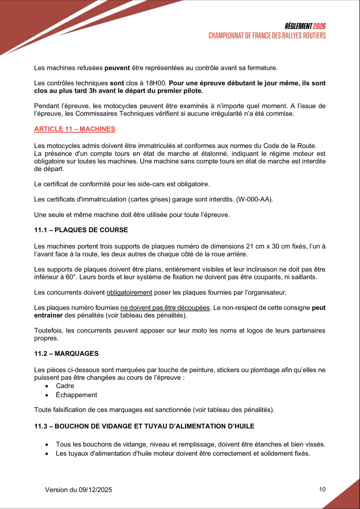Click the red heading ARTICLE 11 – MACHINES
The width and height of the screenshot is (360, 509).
[x=74, y=129]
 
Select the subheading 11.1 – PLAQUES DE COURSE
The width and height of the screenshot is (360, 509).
[x=81, y=230]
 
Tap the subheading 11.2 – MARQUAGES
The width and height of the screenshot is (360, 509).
[x=66, y=354]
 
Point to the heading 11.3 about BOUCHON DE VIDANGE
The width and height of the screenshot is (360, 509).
[x=144, y=426]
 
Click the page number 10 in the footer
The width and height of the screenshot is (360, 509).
[x=322, y=489]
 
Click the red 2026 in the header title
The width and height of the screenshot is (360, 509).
[x=320, y=26]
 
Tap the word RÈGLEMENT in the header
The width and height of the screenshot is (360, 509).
[x=298, y=26]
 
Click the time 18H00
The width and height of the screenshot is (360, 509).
[x=157, y=83]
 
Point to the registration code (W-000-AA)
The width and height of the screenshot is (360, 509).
[x=254, y=199]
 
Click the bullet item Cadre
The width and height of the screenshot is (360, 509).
[x=65, y=386]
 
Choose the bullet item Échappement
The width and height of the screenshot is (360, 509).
[x=76, y=395]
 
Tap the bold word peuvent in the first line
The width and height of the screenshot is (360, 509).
[x=117, y=68]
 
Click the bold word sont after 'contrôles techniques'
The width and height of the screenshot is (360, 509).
[x=116, y=83]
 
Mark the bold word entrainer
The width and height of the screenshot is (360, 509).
[x=48, y=315]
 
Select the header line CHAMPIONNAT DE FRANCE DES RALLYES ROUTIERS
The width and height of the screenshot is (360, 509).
[x=267, y=36]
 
